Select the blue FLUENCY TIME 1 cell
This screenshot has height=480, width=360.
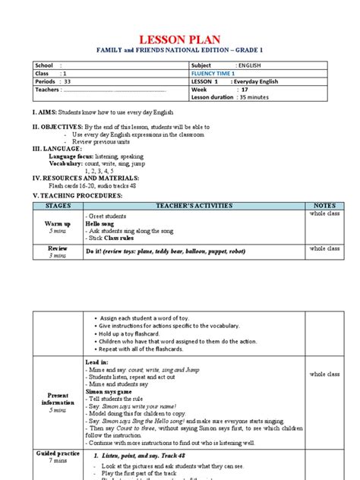[x=215, y=74]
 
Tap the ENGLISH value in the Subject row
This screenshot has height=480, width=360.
[x=251, y=65]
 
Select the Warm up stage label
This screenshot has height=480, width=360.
[x=58, y=224]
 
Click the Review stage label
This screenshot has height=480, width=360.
[x=58, y=248]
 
